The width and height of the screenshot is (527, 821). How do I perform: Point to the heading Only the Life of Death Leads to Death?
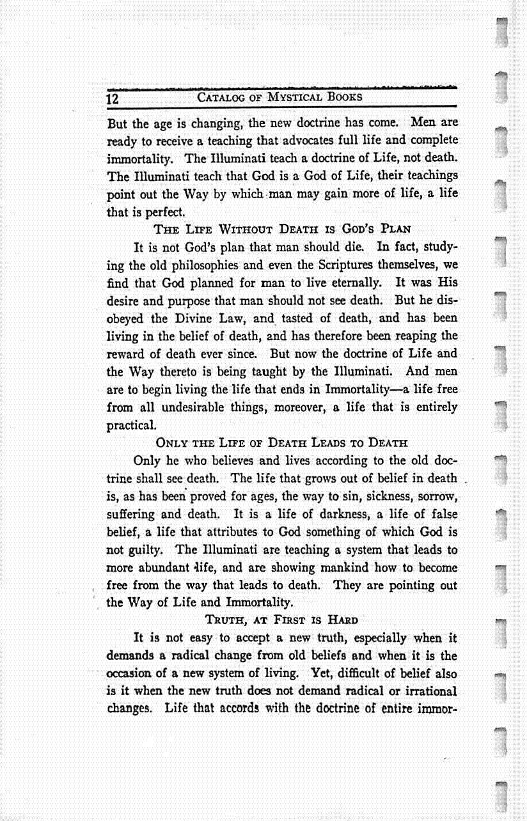pyautogui.click(x=281, y=442)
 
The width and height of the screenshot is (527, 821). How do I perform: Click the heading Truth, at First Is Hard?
pyautogui.click(x=281, y=620)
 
